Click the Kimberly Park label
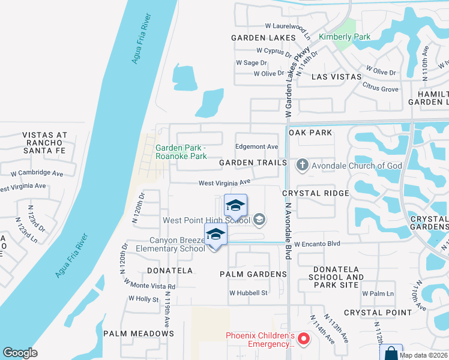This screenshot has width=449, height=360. pyautogui.click(x=344, y=37)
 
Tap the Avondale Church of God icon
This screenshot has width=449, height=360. pyautogui.click(x=302, y=164)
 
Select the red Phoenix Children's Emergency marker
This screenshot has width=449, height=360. pyautogui.click(x=304, y=340)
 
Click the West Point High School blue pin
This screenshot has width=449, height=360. pyautogui.click(x=235, y=206)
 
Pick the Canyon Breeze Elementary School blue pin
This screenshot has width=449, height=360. pyautogui.click(x=215, y=235)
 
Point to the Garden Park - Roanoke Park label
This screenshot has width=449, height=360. pyautogui.click(x=181, y=152)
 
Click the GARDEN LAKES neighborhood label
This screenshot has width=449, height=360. pyautogui.click(x=264, y=37)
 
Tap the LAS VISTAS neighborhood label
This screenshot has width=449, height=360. pyautogui.click(x=337, y=77)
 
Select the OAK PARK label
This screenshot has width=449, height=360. pyautogui.click(x=310, y=132)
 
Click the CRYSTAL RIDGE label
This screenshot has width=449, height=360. pyautogui.click(x=316, y=193)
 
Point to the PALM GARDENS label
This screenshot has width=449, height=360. pyautogui.click(x=253, y=274)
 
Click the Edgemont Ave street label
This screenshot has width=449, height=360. pyautogui.click(x=256, y=146)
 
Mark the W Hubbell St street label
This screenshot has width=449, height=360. pyautogui.click(x=248, y=293)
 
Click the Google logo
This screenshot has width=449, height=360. pyautogui.click(x=20, y=353)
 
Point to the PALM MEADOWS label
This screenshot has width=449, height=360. pyautogui.click(x=139, y=334)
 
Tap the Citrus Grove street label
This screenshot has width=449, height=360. pyautogui.click(x=381, y=89)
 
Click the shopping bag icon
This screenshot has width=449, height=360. pyautogui.click(x=391, y=353)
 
